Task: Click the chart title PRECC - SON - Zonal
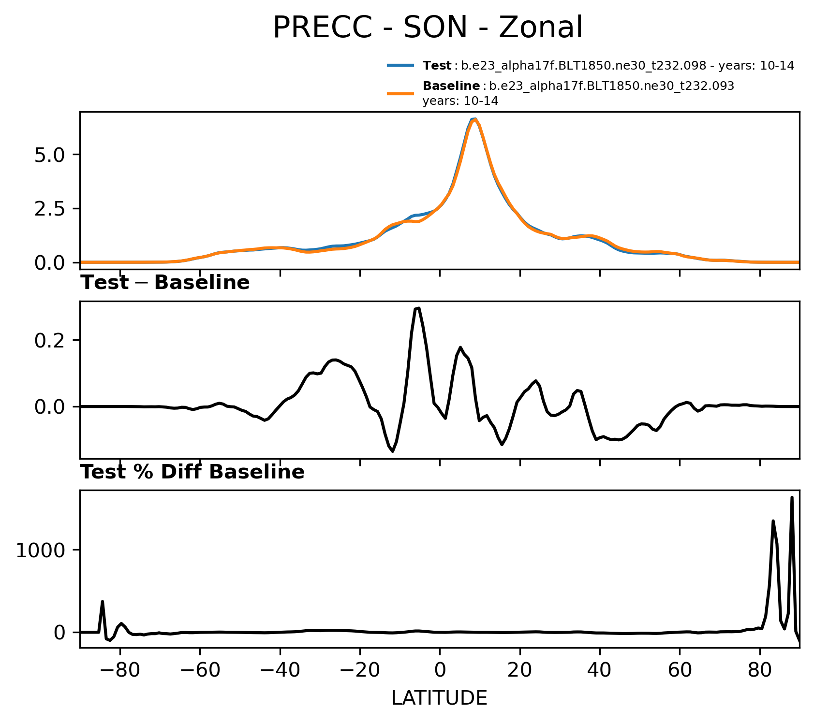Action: (x=428, y=28)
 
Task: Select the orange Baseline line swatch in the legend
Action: (x=400, y=94)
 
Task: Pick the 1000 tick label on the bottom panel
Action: (x=40, y=550)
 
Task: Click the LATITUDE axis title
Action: (x=439, y=698)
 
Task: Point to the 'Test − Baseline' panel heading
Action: (x=165, y=283)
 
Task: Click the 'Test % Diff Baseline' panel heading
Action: (x=192, y=472)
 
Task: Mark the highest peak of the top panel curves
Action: (x=474, y=119)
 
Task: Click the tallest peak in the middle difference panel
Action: (x=418, y=308)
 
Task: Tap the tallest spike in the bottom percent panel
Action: (x=792, y=497)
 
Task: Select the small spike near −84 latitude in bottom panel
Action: (x=102, y=601)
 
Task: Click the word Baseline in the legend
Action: (x=451, y=86)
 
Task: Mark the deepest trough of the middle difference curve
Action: (x=393, y=451)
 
